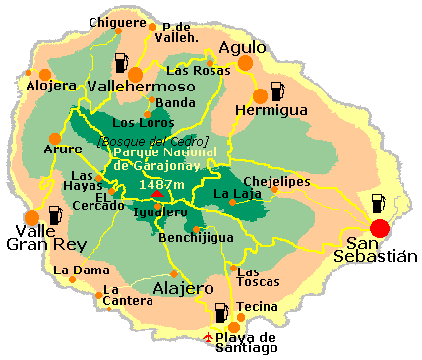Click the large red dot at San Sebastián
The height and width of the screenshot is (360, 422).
point(380,228)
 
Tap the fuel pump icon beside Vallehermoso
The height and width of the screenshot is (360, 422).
point(120,63)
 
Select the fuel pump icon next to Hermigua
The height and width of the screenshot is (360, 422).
point(276,91)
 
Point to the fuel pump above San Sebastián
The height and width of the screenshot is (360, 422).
point(378,205)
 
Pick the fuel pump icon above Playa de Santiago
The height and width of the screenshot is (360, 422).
point(221,314)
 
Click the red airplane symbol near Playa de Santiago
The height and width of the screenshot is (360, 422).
point(207,338)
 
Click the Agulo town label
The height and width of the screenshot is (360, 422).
point(242,46)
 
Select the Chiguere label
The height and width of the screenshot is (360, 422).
point(116,22)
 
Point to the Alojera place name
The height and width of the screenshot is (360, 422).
point(50,86)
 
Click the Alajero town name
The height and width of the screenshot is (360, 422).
point(183,288)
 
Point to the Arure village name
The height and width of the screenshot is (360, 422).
point(64,150)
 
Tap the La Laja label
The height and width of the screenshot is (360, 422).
point(234,194)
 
